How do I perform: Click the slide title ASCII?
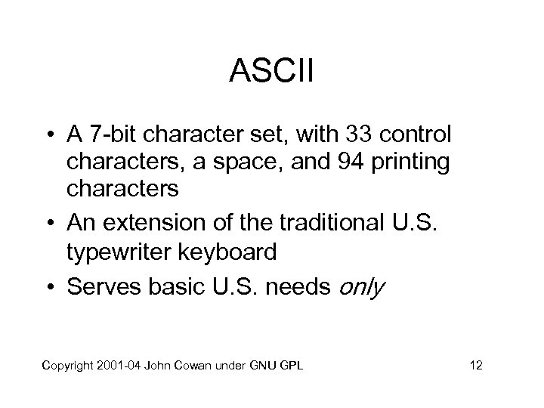click(271, 74)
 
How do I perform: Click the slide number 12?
click(475, 366)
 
